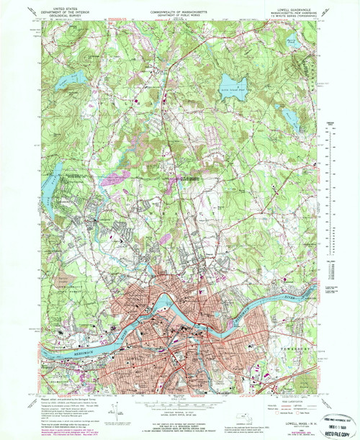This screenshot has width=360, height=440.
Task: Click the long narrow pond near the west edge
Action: click(x=55, y=171)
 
